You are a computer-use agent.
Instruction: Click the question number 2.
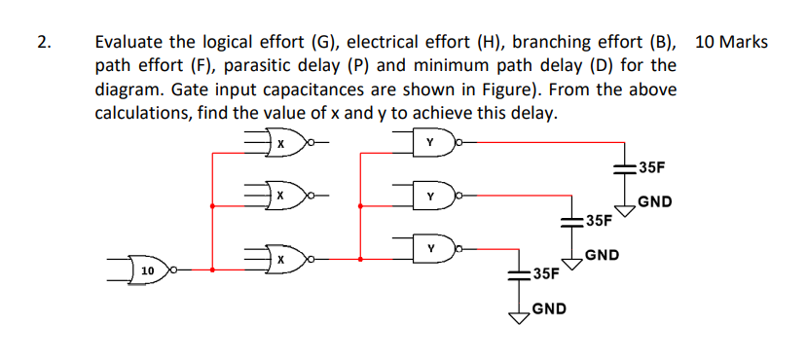pos(42,42)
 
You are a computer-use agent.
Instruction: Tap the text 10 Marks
pos(732,42)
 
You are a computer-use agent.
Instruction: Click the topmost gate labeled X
pos(281,145)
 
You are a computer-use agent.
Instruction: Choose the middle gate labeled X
pos(281,196)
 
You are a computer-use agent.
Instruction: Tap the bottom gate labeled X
pos(281,260)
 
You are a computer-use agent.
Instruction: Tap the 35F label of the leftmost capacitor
pos(546,272)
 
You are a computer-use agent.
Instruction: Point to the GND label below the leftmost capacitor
pos(550,310)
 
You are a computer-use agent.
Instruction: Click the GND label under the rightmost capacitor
pos(654,203)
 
